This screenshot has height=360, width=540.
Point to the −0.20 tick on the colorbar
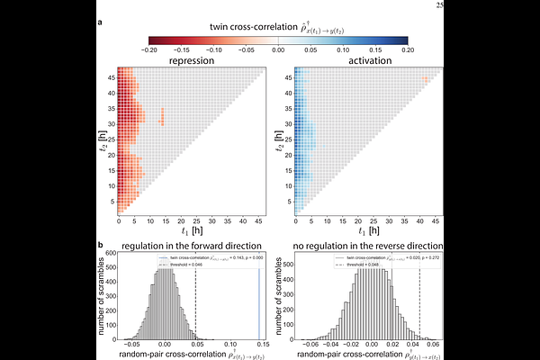coord(149,51)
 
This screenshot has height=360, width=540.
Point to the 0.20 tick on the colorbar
coord(408,51)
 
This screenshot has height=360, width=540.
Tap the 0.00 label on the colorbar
coord(278,51)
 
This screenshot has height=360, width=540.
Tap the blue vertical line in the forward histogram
coord(260,297)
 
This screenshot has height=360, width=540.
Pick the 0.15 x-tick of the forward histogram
coord(261,343)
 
